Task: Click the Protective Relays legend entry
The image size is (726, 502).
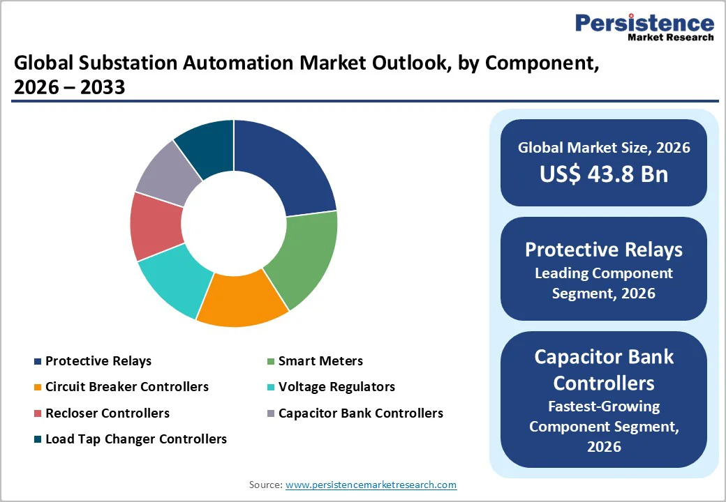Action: coord(98,360)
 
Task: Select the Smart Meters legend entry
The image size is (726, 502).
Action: coord(320,360)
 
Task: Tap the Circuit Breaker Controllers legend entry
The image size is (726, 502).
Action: coord(126,386)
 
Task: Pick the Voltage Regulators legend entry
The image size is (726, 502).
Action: coord(336,386)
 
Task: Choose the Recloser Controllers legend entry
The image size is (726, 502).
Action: coord(107,413)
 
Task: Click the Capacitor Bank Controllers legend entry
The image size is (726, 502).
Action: coord(360,413)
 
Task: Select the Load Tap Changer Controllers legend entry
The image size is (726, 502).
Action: coord(135,439)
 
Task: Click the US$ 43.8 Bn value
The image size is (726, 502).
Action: coord(603,174)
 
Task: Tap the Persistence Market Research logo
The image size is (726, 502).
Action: coord(644,28)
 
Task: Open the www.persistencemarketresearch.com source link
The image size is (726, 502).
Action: coord(371,485)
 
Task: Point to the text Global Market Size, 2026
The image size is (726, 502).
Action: coord(603,147)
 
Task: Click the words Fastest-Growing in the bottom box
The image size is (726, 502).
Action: coord(603,406)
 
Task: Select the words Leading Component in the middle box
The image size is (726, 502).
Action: coord(603,273)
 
